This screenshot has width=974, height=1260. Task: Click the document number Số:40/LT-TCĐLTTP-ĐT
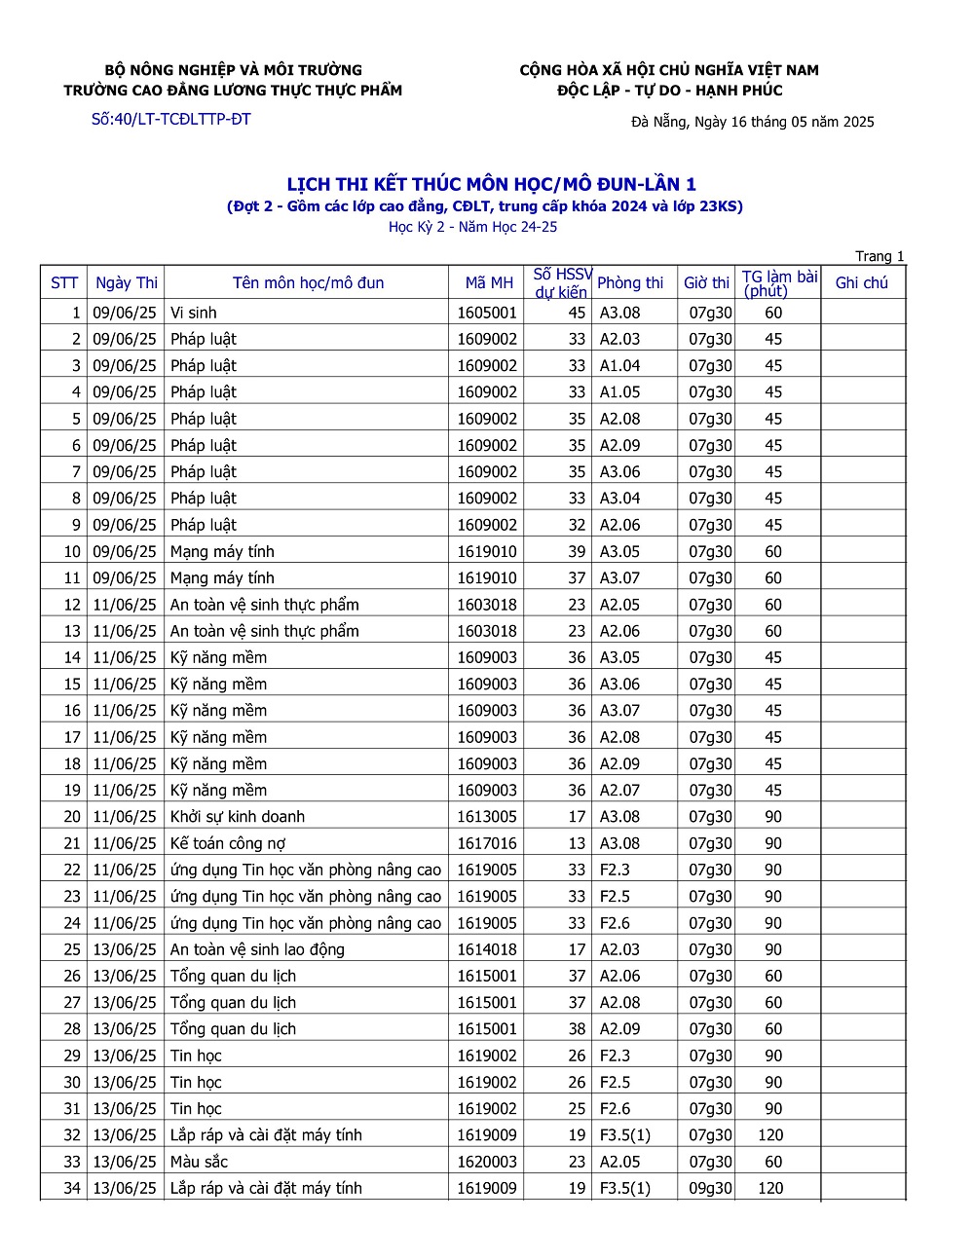[170, 120]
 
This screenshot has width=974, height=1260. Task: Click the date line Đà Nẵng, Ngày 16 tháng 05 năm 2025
[752, 122]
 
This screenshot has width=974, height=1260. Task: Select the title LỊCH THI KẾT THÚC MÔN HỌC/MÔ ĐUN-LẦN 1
[491, 184]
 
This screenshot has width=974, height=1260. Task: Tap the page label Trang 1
[880, 256]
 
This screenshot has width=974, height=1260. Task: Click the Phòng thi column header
[629, 282]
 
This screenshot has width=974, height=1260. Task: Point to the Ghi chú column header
[862, 282]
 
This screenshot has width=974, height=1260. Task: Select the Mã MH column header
[489, 282]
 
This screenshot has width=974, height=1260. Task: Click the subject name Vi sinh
[194, 313]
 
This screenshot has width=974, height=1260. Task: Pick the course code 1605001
[487, 313]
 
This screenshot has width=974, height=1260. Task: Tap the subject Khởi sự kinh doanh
[238, 817]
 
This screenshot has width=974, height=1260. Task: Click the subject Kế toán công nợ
[228, 843]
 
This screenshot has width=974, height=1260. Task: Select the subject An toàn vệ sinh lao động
[257, 949]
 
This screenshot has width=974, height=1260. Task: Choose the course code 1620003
[487, 1162]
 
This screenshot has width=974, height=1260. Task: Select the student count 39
[577, 552]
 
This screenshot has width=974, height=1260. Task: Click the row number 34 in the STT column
[72, 1188]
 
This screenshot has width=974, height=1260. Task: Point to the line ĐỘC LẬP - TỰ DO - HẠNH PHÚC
[669, 91]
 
